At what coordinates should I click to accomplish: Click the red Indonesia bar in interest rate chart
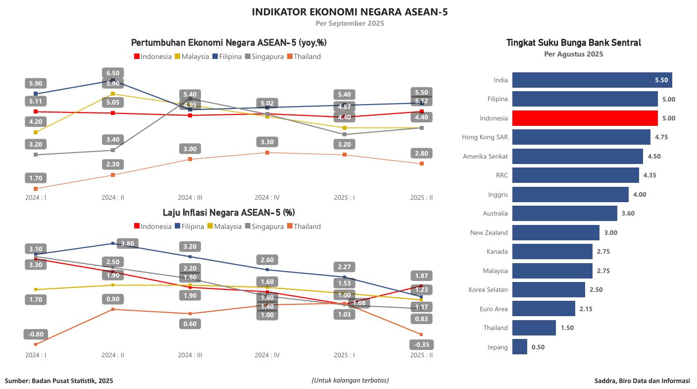[585, 118]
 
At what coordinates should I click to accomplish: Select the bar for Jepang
[519, 347]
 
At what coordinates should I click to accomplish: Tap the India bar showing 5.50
[592, 80]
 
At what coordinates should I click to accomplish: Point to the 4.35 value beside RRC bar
[650, 175]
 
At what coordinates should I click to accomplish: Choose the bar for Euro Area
[544, 309]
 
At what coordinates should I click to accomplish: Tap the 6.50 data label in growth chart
[112, 73]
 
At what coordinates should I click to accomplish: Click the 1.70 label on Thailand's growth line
[36, 178]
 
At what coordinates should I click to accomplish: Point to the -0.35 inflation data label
[422, 344]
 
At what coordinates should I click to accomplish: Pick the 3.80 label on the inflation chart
[127, 243]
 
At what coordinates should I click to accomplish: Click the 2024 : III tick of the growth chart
[190, 197]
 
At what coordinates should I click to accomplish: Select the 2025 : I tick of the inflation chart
[344, 355]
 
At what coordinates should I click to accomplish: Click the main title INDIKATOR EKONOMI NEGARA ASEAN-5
[349, 12]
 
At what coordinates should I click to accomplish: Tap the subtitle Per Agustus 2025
[573, 54]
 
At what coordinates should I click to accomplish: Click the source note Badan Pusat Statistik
[59, 381]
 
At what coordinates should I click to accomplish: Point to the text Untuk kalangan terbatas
[350, 380]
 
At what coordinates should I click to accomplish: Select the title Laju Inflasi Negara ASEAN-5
[229, 213]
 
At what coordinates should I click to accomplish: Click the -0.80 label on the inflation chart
[36, 334]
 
